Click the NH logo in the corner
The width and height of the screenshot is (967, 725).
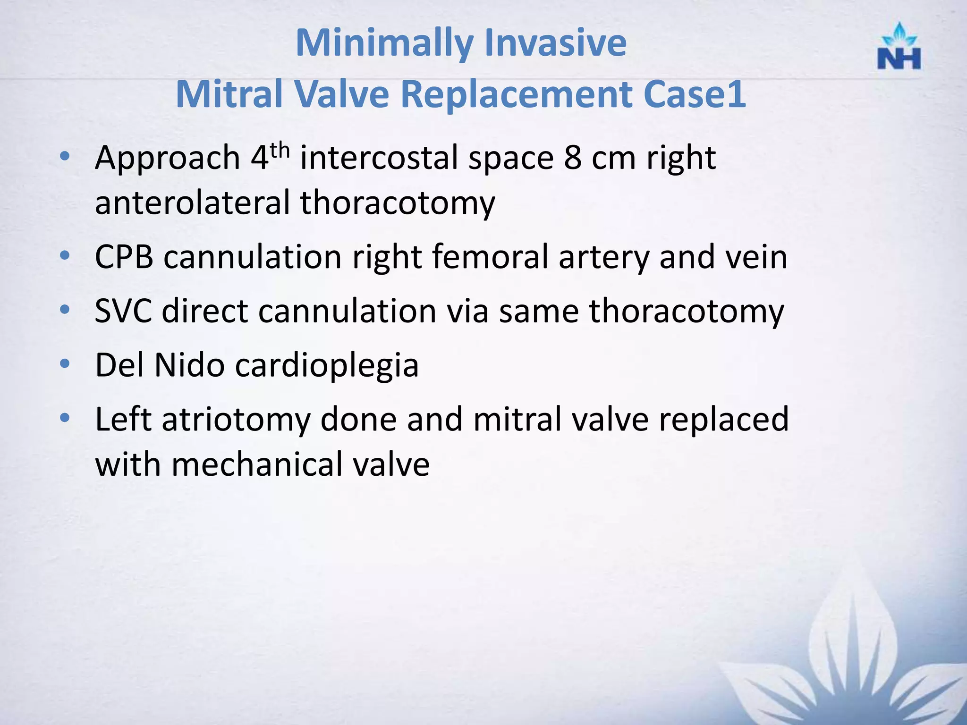tap(899, 47)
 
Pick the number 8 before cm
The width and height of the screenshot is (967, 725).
tap(572, 158)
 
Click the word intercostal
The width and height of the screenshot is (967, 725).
tap(379, 158)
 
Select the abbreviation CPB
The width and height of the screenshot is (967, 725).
tap(124, 257)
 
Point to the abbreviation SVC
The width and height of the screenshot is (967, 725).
tap(123, 312)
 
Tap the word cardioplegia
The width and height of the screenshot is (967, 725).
tap(327, 366)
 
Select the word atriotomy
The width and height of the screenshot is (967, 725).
tap(236, 420)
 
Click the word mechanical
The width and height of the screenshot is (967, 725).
tap(256, 464)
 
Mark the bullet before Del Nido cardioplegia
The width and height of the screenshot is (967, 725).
tap(65, 364)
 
